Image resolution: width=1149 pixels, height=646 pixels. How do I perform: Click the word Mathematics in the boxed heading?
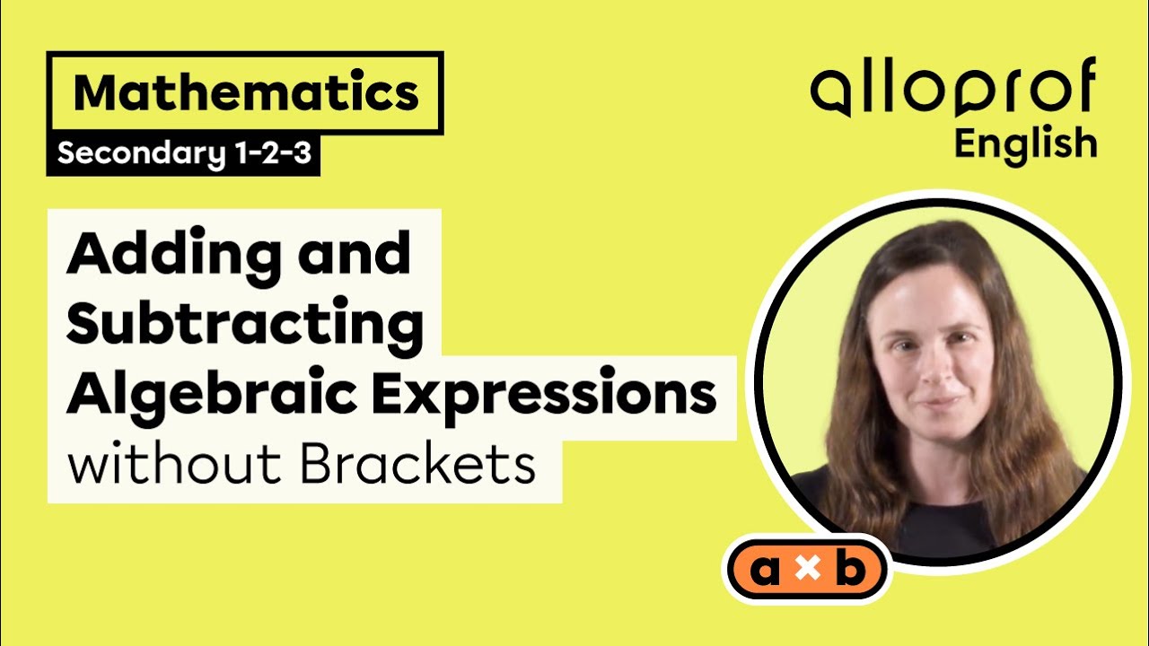pos(245,93)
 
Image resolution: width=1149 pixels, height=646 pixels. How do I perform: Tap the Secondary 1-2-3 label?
pos(184,154)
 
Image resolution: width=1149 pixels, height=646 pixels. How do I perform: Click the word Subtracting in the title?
pos(244,324)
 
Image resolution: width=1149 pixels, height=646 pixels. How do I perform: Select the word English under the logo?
pos(1025,144)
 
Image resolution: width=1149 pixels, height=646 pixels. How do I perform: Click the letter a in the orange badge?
pos(764,571)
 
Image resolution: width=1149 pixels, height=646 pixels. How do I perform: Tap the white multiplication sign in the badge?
pos(807,571)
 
